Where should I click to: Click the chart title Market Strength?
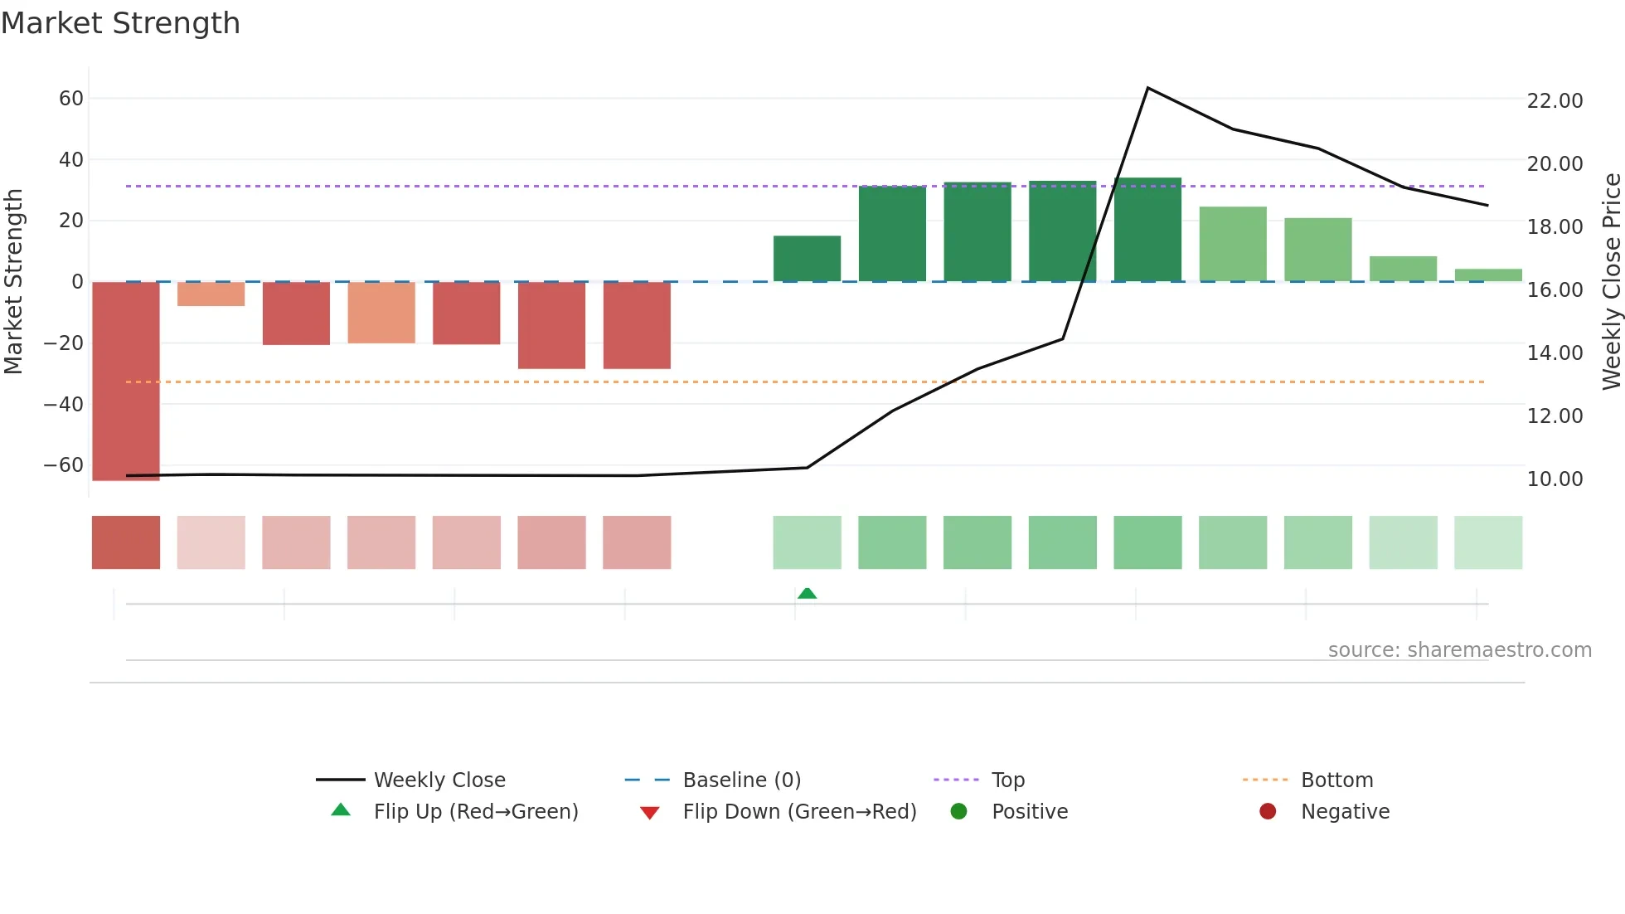click(x=120, y=23)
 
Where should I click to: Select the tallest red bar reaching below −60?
click(x=126, y=381)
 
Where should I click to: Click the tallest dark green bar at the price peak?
click(x=1147, y=230)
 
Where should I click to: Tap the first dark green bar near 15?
click(x=807, y=259)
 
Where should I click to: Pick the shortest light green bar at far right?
click(x=1488, y=275)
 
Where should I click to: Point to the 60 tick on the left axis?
click(x=71, y=99)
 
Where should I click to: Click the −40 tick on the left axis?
click(x=64, y=405)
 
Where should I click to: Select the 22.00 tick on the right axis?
click(x=1555, y=101)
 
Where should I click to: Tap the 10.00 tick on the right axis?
click(x=1555, y=479)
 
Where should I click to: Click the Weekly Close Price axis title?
click(x=1611, y=281)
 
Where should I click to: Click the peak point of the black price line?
click(x=1147, y=88)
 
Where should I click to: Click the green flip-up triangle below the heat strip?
click(x=807, y=593)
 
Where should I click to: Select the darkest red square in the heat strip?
click(x=126, y=542)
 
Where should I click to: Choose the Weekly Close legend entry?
click(x=439, y=780)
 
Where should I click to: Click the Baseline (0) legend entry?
click(x=741, y=780)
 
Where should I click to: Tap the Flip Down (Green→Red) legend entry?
click(x=799, y=812)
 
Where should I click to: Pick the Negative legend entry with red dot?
click(x=1344, y=812)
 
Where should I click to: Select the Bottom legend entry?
click(x=1336, y=780)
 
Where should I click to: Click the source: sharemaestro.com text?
click(x=1459, y=650)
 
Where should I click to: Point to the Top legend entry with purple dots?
click(x=1007, y=780)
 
